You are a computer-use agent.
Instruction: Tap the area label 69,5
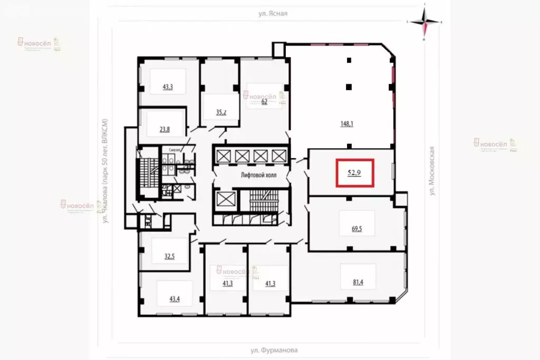(x=357, y=229)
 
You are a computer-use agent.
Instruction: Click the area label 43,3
(x=168, y=86)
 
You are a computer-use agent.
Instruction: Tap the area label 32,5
(x=169, y=257)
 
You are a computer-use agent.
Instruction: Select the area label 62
(x=265, y=102)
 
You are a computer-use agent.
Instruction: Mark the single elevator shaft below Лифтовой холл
(x=226, y=201)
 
